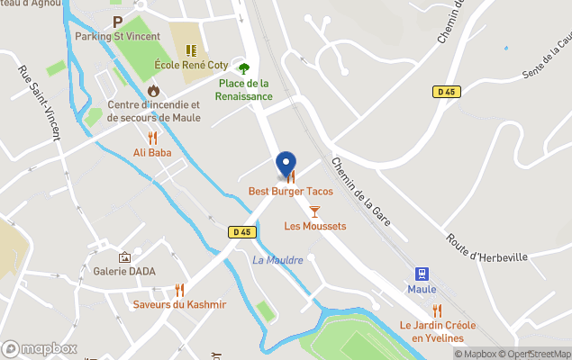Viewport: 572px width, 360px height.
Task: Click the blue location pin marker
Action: pyautogui.click(x=286, y=166)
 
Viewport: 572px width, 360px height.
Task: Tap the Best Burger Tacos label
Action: pyautogui.click(x=291, y=192)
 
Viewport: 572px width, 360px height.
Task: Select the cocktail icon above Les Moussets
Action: pyautogui.click(x=314, y=211)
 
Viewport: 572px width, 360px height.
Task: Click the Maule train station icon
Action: pyautogui.click(x=421, y=274)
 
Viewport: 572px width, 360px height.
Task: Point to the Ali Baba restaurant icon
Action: pyautogui.click(x=152, y=138)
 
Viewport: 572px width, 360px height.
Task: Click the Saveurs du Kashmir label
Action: pyautogui.click(x=179, y=304)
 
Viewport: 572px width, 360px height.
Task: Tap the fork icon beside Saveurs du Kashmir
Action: pyautogui.click(x=179, y=289)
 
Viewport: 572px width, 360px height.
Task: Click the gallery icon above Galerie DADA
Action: pyautogui.click(x=124, y=256)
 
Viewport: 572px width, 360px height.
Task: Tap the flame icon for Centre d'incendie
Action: pyautogui.click(x=153, y=90)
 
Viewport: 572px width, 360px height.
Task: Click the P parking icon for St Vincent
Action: pyautogui.click(x=117, y=22)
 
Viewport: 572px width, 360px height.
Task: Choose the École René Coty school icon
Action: pyautogui.click(x=190, y=50)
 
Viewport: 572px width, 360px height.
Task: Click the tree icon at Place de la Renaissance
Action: pyautogui.click(x=243, y=68)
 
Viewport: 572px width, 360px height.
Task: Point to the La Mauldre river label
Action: pyautogui.click(x=277, y=260)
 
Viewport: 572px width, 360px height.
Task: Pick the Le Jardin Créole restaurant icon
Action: pyautogui.click(x=437, y=310)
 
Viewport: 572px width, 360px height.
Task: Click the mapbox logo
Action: pyautogui.click(x=40, y=348)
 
